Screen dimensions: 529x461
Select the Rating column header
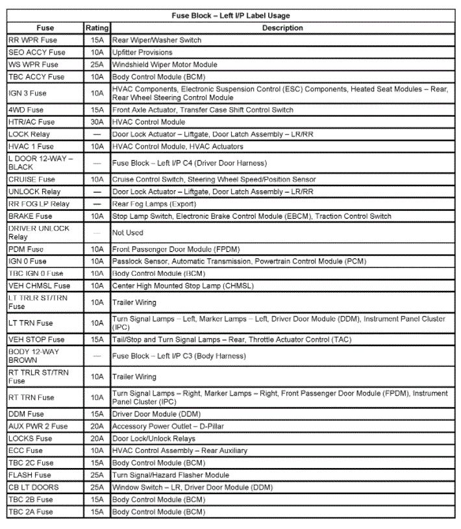(x=97, y=28)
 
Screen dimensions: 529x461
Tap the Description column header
(x=282, y=28)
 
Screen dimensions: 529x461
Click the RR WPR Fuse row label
(x=32, y=40)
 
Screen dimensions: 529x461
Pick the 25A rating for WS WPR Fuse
(x=97, y=65)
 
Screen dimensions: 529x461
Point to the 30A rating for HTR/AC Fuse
(x=97, y=122)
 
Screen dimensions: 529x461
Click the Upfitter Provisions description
(x=142, y=53)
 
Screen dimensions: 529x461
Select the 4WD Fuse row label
(x=26, y=110)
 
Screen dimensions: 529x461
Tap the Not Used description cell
(x=127, y=232)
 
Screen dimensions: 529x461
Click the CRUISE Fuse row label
(x=32, y=179)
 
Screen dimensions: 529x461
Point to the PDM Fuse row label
(x=26, y=249)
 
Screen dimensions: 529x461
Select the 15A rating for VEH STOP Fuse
(x=97, y=339)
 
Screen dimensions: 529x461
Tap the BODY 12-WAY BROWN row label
(x=34, y=356)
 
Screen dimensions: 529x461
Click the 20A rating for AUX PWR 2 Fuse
(x=97, y=426)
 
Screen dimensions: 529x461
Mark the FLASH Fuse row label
(x=29, y=475)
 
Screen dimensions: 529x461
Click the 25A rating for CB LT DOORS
(x=97, y=487)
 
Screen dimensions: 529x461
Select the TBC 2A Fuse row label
(x=31, y=512)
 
